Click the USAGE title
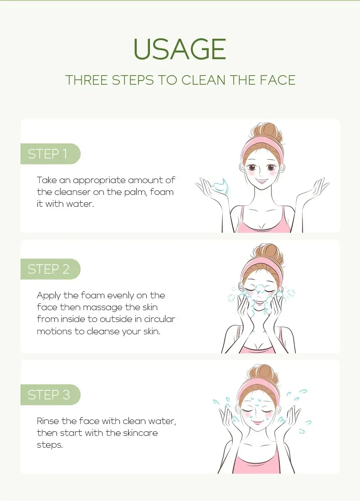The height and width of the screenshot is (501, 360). (180, 49)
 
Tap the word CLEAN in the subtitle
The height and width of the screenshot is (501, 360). (203, 80)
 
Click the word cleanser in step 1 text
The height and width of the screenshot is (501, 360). (77, 192)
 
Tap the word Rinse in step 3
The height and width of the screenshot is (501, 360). (48, 421)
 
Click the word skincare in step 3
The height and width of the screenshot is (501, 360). (139, 433)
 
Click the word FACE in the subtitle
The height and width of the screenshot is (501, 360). (279, 80)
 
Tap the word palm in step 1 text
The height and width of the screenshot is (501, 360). (129, 192)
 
